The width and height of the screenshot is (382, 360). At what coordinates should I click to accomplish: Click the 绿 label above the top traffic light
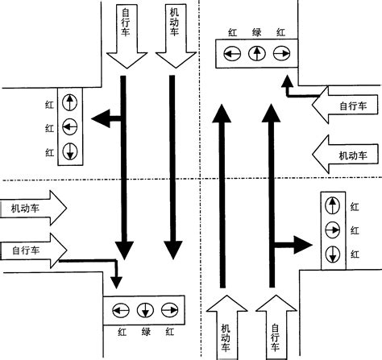coord(256,32)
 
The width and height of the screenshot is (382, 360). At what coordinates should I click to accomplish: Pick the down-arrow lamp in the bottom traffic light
coord(145,310)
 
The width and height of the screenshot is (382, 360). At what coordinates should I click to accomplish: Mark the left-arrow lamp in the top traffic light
coord(232,54)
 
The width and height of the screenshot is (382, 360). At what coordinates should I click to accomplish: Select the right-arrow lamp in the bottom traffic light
coord(169,310)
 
